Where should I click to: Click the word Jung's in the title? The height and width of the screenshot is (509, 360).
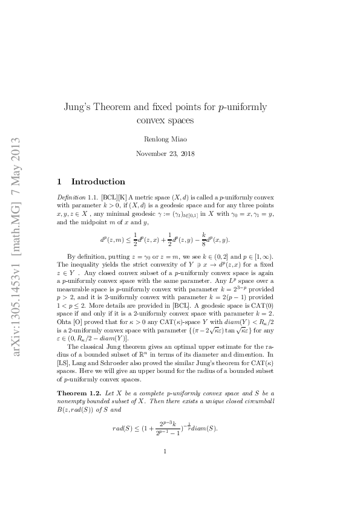click(x=79, y=108)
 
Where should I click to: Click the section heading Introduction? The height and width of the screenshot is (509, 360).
click(x=99, y=181)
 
